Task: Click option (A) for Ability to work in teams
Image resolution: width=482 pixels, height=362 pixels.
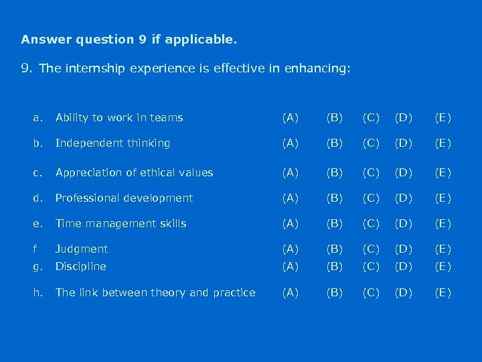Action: click(291, 118)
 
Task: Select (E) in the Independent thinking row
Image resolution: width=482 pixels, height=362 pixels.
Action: click(443, 143)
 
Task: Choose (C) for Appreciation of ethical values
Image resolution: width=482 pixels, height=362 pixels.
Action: click(371, 173)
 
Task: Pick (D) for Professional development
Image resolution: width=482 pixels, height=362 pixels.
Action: click(404, 198)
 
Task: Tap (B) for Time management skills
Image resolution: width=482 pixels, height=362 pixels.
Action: click(333, 224)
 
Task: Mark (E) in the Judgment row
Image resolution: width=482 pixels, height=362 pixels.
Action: click(443, 249)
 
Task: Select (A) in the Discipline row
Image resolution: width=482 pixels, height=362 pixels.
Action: click(291, 267)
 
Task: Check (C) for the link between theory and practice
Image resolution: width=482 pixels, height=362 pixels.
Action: click(371, 292)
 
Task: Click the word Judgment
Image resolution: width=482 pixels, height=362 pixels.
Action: click(82, 249)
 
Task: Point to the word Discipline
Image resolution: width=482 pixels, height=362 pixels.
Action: click(80, 267)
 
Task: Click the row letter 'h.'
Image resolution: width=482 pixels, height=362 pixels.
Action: click(37, 292)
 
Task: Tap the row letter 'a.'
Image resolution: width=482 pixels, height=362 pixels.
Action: click(37, 118)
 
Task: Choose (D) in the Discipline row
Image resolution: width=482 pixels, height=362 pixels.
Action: click(404, 267)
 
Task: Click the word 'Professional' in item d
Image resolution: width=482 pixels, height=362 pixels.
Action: click(86, 198)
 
